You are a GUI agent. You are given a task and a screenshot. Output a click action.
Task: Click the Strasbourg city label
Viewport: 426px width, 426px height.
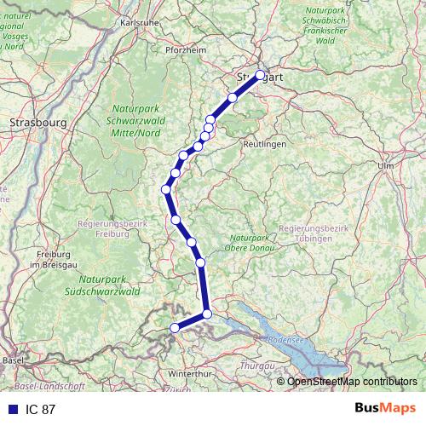(x=37, y=123)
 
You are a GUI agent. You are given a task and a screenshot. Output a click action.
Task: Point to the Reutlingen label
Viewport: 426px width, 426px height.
(x=264, y=145)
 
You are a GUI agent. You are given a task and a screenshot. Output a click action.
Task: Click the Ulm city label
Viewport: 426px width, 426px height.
(x=386, y=165)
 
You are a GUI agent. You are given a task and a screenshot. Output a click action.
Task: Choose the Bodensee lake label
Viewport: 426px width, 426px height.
(x=285, y=340)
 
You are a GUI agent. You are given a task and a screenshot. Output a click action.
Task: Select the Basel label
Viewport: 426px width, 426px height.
(x=13, y=360)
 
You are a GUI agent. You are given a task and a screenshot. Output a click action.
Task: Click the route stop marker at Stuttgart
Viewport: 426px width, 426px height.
(x=261, y=75)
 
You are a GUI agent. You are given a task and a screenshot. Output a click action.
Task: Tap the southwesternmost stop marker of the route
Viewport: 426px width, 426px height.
(x=175, y=328)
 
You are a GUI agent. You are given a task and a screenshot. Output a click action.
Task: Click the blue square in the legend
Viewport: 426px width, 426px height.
(x=12, y=409)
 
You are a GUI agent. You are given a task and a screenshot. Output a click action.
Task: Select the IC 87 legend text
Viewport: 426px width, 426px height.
(x=41, y=409)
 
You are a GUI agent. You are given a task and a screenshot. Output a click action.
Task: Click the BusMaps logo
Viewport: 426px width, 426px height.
(x=385, y=408)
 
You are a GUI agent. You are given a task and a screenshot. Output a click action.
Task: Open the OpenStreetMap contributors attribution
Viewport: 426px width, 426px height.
(x=352, y=381)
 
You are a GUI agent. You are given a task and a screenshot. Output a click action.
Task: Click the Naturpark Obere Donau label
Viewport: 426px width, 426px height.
(x=249, y=243)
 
